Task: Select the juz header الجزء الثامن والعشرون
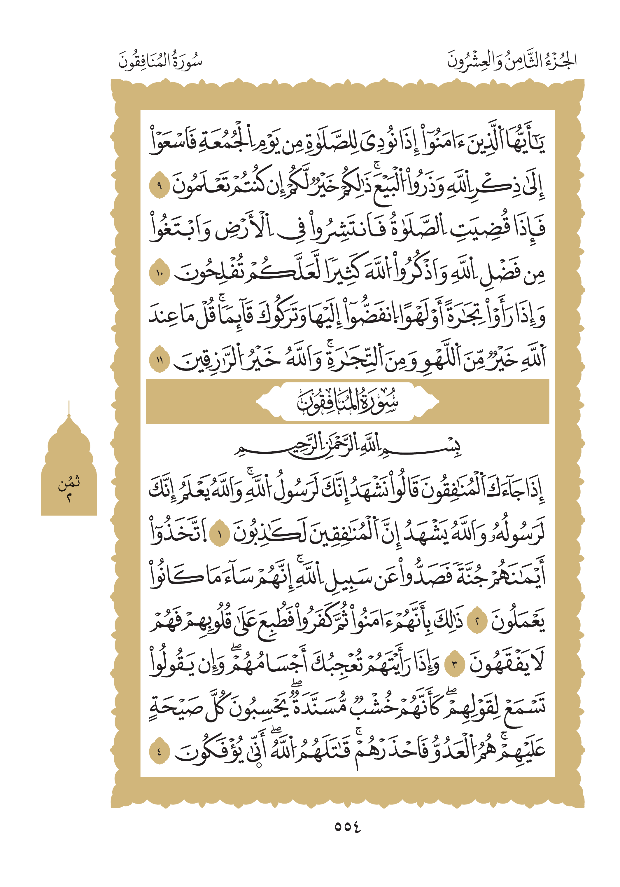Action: pyautogui.click(x=511, y=61)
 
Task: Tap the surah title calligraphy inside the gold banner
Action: pyautogui.click(x=347, y=402)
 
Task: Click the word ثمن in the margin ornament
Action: pyautogui.click(x=69, y=482)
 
